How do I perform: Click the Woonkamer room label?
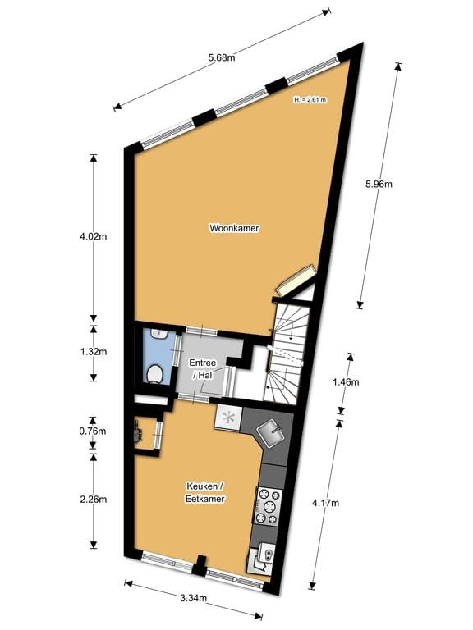[x=235, y=228]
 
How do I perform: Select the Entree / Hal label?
[x=203, y=368]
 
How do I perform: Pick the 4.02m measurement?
[x=93, y=236]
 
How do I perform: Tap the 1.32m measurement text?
[x=93, y=352]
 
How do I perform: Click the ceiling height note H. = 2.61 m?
[x=310, y=100]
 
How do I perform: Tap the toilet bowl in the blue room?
[x=154, y=375]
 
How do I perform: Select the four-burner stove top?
[x=269, y=506]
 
